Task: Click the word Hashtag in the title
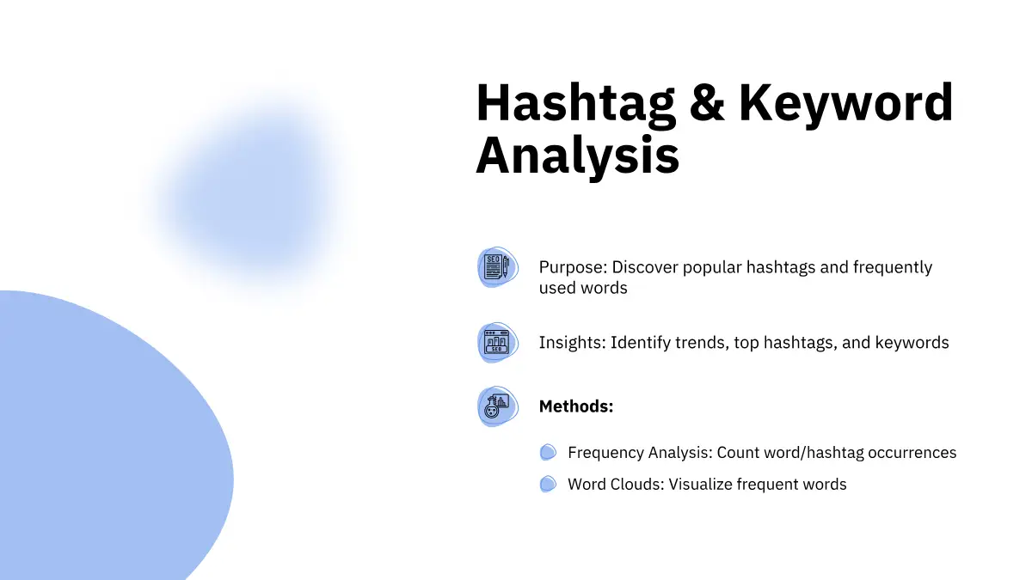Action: point(575,104)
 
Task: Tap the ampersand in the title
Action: point(707,102)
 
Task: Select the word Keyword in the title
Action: point(846,104)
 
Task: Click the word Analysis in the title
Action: point(578,156)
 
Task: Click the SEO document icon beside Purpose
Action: point(498,267)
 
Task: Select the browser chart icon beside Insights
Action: point(498,343)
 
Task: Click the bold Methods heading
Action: point(576,406)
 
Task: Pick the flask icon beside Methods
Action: point(498,406)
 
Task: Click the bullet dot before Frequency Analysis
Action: point(548,452)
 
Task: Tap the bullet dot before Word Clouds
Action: point(548,484)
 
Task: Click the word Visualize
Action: point(700,485)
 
